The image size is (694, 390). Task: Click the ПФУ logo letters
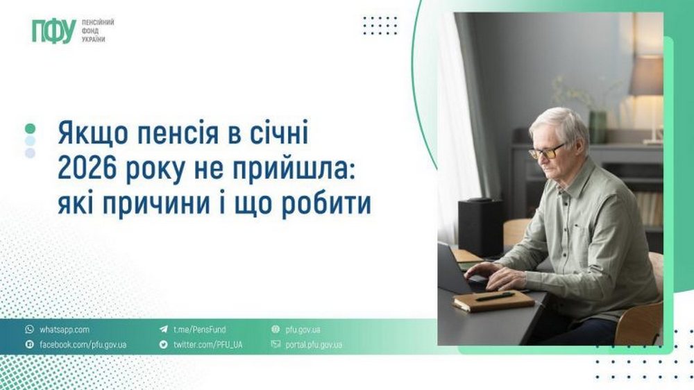click(x=53, y=31)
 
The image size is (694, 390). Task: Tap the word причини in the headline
click(x=152, y=205)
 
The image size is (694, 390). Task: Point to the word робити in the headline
click(x=326, y=205)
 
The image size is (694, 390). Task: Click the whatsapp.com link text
click(x=64, y=330)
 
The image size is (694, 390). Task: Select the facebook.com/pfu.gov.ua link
click(x=83, y=344)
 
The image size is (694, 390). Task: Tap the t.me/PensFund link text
click(x=199, y=330)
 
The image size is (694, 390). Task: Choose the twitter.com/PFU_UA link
click(x=208, y=344)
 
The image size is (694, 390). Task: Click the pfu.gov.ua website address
click(x=301, y=330)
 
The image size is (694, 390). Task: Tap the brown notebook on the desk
click(x=493, y=300)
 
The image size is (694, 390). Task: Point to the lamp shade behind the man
click(x=645, y=76)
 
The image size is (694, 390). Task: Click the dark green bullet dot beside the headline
click(x=30, y=128)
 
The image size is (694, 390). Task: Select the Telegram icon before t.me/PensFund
click(x=164, y=330)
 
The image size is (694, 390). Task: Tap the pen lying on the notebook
click(x=494, y=296)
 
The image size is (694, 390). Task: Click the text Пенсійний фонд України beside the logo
click(x=97, y=31)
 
